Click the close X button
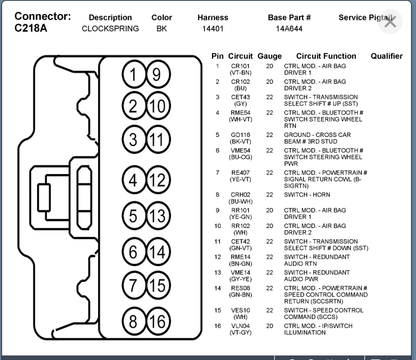pyautogui.click(x=390, y=22)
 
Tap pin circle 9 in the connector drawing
pyautogui.click(x=156, y=75)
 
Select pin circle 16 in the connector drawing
pyautogui.click(x=156, y=322)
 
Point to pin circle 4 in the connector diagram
pyautogui.click(x=133, y=180)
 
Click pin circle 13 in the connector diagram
pyautogui.click(x=156, y=216)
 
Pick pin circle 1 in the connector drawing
pyautogui.click(x=133, y=75)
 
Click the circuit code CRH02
pyautogui.click(x=240, y=194)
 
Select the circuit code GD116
pyautogui.click(x=240, y=135)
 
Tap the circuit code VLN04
pyautogui.click(x=240, y=326)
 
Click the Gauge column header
pyautogui.click(x=269, y=56)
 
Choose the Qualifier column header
pyautogui.click(x=386, y=56)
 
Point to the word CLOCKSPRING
pyautogui.click(x=110, y=29)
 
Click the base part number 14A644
pyautogui.click(x=289, y=29)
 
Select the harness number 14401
pyautogui.click(x=213, y=29)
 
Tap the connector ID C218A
pyautogui.click(x=31, y=29)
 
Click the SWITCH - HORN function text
pyautogui.click(x=307, y=194)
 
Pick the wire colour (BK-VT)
pyautogui.click(x=240, y=142)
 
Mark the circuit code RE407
pyautogui.click(x=240, y=173)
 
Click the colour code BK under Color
pyautogui.click(x=161, y=29)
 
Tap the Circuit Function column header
pyautogui.click(x=326, y=56)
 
